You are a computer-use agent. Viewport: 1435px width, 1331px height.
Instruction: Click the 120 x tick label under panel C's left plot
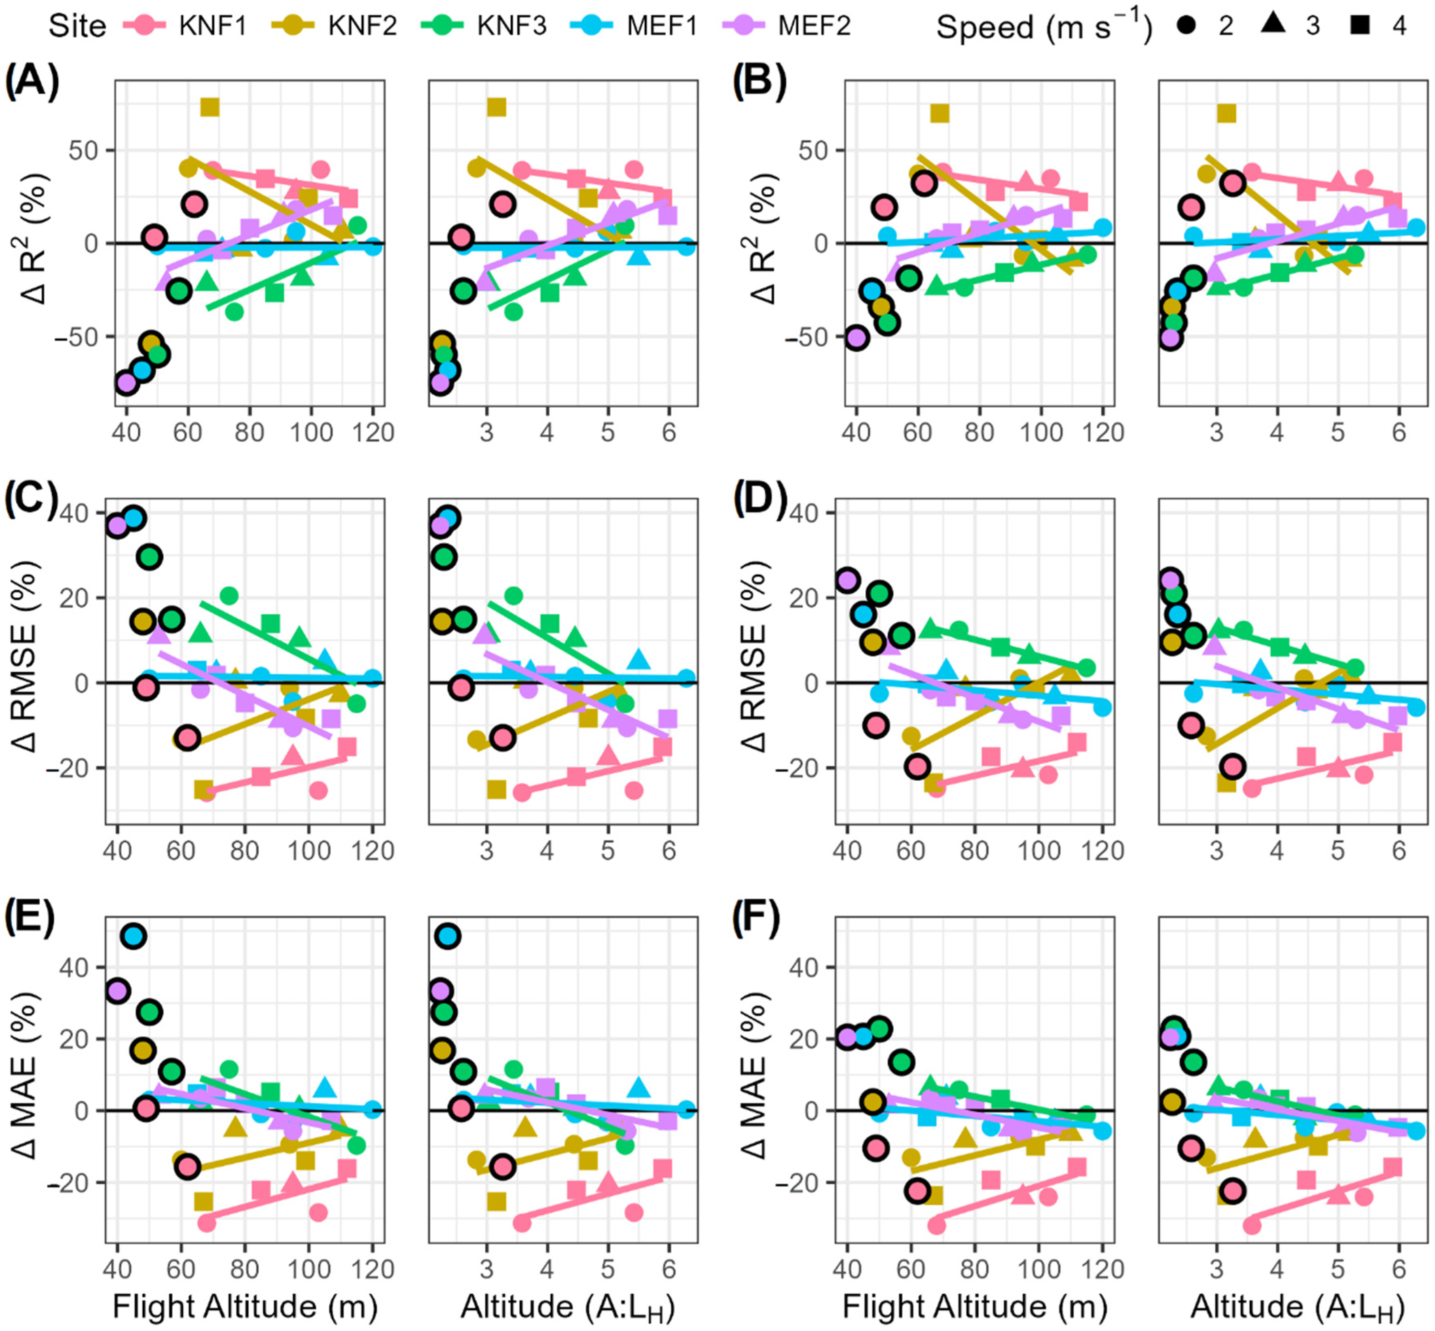(373, 850)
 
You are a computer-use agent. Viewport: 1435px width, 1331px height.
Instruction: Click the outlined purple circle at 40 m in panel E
(117, 991)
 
